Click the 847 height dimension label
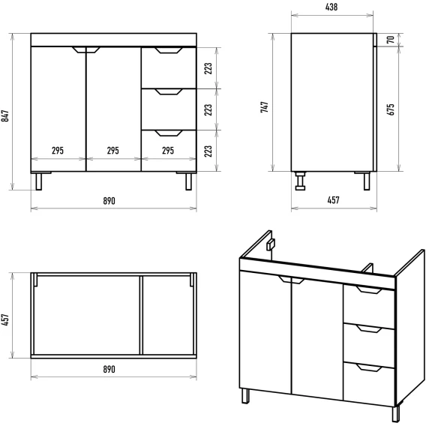pyautogui.click(x=5, y=116)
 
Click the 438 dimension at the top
pyautogui.click(x=331, y=7)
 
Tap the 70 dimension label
pyautogui.click(x=391, y=40)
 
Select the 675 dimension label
pyautogui.click(x=391, y=109)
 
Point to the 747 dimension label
pyautogui.click(x=264, y=107)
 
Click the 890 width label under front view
pyautogui.click(x=109, y=201)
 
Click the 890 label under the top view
pyautogui.click(x=109, y=370)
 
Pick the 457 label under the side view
pyautogui.click(x=333, y=200)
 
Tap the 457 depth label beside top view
pyautogui.click(x=5, y=319)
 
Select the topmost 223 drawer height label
pyautogui.click(x=208, y=69)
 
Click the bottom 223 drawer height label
pyautogui.click(x=208, y=151)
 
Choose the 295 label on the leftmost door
pyautogui.click(x=58, y=151)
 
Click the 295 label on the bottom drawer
pyautogui.click(x=168, y=151)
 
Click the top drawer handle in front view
pyautogui.click(x=169, y=50)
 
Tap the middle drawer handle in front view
pyautogui.click(x=169, y=91)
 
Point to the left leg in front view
pyautogui.click(x=39, y=181)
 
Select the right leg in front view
pyautogui.click(x=189, y=181)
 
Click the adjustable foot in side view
pyautogui.click(x=300, y=181)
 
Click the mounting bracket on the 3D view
pyautogui.click(x=271, y=244)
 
